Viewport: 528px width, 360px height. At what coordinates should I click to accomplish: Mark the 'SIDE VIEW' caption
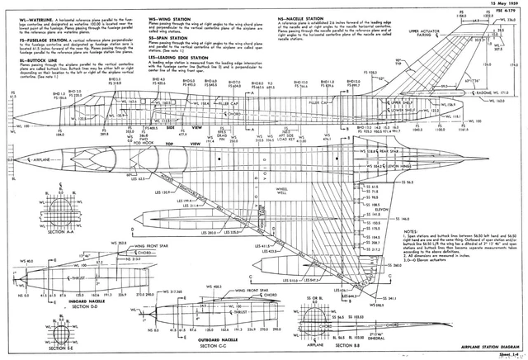pos(186,129)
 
